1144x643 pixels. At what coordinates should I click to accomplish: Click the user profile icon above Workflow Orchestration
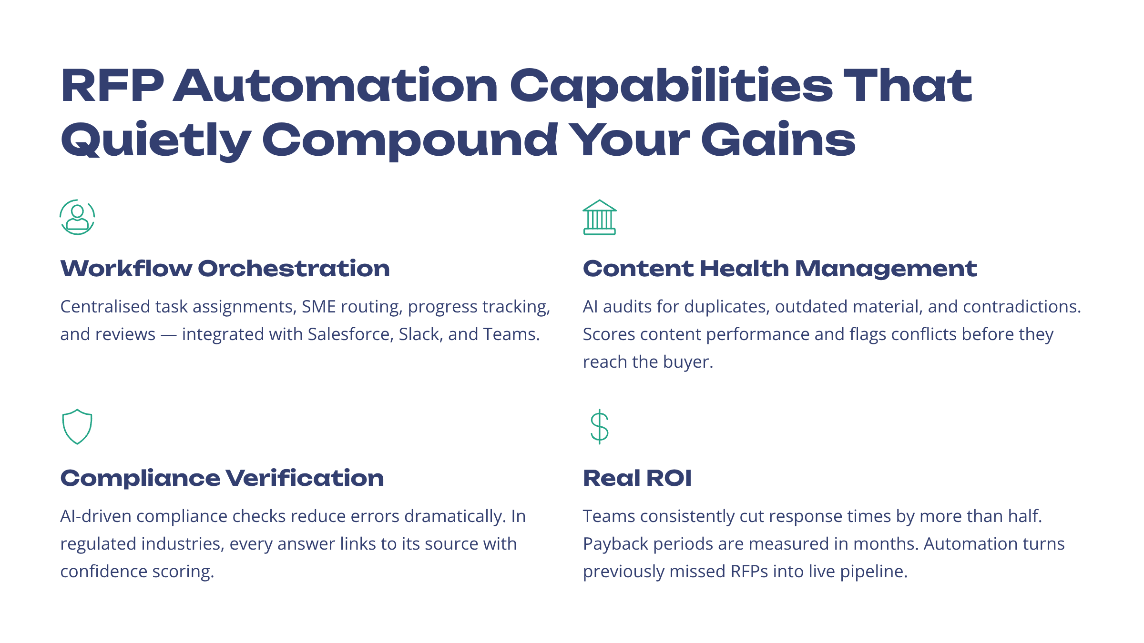(77, 217)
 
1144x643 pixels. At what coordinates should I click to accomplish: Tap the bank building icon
(600, 217)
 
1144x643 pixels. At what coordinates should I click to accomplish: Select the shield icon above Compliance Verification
(77, 427)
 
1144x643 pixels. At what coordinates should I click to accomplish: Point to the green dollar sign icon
(599, 427)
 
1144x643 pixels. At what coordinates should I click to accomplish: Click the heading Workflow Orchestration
(225, 269)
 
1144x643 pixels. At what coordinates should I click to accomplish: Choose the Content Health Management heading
(780, 269)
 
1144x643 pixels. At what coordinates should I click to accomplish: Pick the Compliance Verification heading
(222, 478)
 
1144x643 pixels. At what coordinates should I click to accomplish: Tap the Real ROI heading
(637, 478)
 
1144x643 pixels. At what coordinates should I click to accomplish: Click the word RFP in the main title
(112, 86)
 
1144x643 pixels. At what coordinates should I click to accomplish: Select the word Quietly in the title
(156, 140)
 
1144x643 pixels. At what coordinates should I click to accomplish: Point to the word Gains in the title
(778, 140)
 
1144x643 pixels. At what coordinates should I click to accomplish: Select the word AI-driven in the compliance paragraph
(95, 516)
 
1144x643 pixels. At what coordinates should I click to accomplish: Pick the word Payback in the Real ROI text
(615, 544)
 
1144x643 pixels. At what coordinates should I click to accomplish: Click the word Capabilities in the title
(671, 86)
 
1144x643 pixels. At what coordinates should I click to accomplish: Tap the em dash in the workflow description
(169, 334)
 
